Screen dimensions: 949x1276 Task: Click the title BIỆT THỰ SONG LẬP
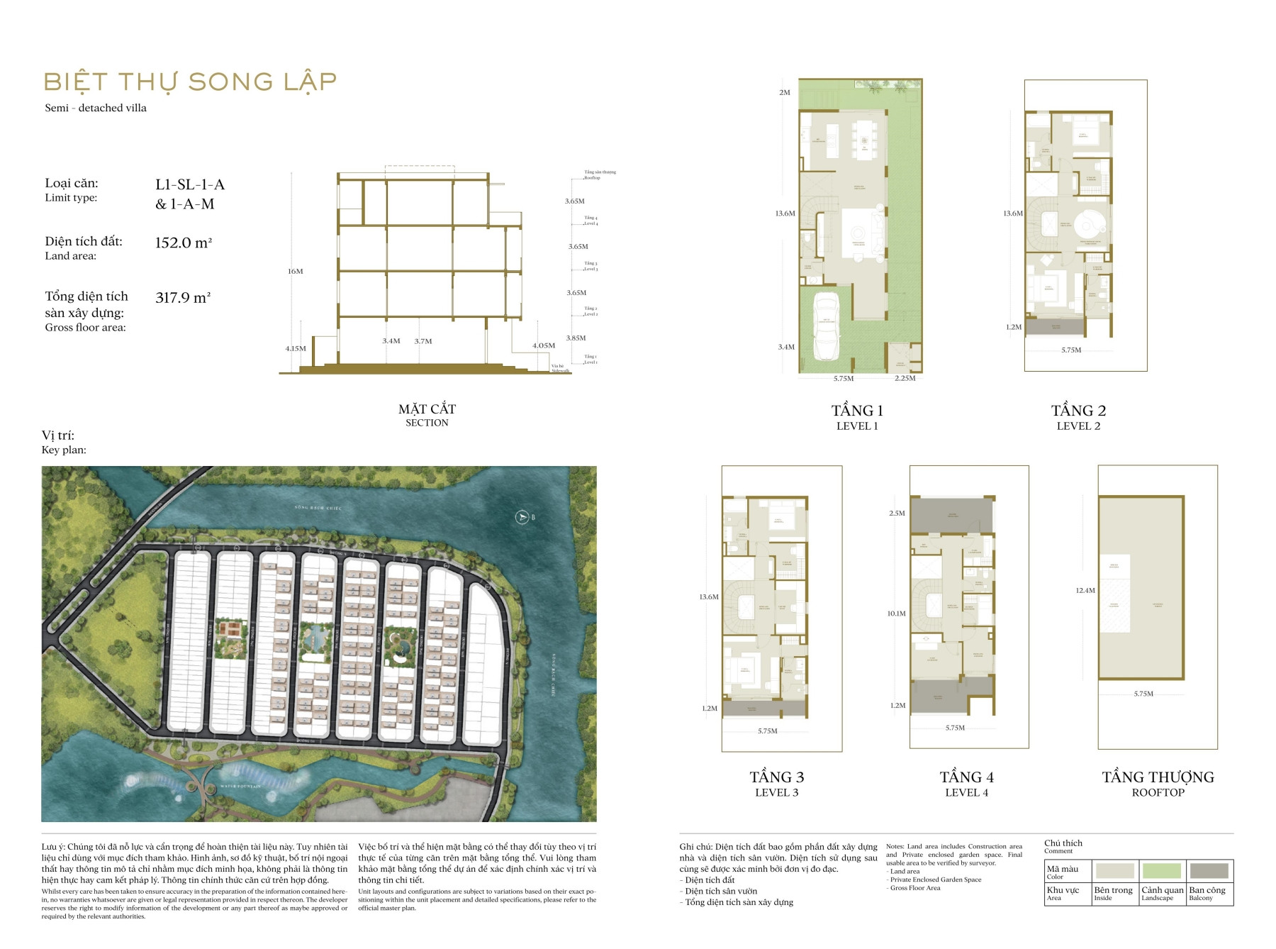pos(190,82)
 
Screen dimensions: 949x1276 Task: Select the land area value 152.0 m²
pos(184,243)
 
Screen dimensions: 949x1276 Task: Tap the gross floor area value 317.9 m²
pos(183,298)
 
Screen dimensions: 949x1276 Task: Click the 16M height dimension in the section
pos(295,271)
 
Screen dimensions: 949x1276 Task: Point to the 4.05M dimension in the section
pos(544,345)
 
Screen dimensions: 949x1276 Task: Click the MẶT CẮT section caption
pos(427,409)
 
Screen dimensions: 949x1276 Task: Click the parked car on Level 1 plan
pos(827,328)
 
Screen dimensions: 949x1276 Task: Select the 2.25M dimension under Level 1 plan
pos(905,378)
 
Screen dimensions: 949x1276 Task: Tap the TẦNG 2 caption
pos(1078,411)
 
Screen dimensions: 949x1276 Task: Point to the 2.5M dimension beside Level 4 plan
pos(897,513)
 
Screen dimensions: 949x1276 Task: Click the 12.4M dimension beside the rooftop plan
pos(1085,590)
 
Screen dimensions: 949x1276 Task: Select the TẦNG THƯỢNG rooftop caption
pos(1158,777)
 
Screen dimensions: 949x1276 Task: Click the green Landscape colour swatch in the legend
pos(1161,870)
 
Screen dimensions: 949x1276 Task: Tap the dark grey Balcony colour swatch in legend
pos(1209,870)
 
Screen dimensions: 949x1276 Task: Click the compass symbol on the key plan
pos(522,517)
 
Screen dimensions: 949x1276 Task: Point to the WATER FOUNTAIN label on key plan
pos(240,786)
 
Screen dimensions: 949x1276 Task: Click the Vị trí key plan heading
pos(58,435)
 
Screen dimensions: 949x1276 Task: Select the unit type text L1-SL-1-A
pos(190,184)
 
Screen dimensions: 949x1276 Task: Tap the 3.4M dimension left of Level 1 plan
pos(785,347)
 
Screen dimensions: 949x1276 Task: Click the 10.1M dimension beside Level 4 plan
pos(896,614)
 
